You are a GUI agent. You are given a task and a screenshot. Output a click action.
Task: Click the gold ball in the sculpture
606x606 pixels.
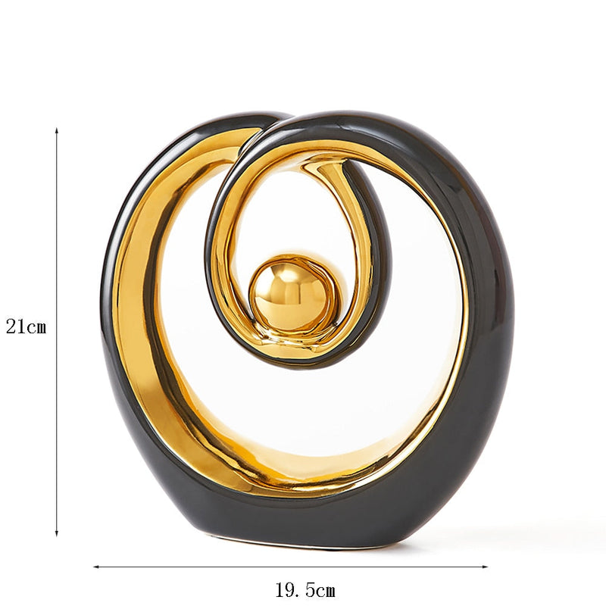coord(285,293)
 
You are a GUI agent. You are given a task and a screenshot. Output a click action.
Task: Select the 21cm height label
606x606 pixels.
coord(27,327)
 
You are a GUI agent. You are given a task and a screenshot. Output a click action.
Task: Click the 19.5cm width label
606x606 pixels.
coord(305,590)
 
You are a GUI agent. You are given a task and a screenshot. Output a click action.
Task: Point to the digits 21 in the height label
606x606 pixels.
coord(16,327)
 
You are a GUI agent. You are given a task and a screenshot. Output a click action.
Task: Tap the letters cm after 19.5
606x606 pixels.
coord(325,590)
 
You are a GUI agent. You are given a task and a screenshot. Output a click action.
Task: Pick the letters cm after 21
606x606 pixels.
coord(36,327)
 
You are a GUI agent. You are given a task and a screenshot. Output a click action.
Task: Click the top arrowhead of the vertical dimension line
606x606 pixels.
coord(57,132)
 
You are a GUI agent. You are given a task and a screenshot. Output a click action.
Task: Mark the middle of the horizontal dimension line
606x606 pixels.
coord(290,566)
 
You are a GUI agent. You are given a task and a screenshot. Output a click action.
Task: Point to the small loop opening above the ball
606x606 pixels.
coord(288,212)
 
